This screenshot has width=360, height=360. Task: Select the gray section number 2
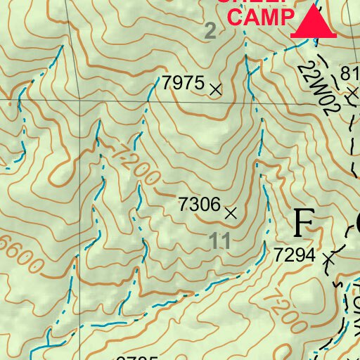210,31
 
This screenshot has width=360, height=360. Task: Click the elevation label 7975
183,84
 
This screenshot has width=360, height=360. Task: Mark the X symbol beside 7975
216,89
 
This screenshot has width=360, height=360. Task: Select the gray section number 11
220,241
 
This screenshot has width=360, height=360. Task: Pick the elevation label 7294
295,255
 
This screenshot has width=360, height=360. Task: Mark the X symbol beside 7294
327,259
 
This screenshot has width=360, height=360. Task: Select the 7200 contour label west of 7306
135,163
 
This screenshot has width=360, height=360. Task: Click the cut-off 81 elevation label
350,75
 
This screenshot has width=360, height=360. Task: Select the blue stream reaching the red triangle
281,50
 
